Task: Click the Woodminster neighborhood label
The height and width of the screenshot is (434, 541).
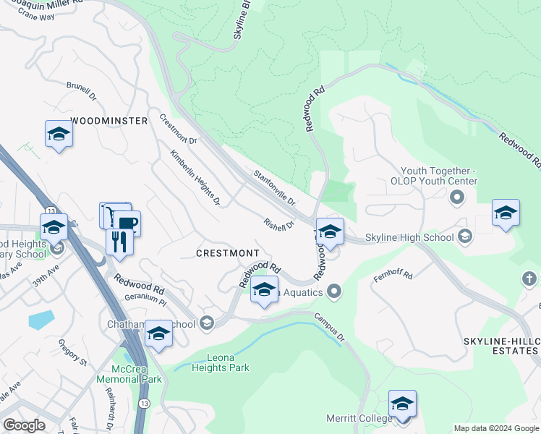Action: coord(109,121)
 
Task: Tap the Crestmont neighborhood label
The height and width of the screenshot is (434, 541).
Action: coord(228,253)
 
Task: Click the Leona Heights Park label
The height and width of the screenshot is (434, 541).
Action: coord(220,362)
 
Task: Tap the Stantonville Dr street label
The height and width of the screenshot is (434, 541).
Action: coord(274,187)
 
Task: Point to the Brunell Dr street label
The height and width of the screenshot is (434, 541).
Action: coord(81,90)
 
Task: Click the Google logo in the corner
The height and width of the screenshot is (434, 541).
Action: coord(24,425)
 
